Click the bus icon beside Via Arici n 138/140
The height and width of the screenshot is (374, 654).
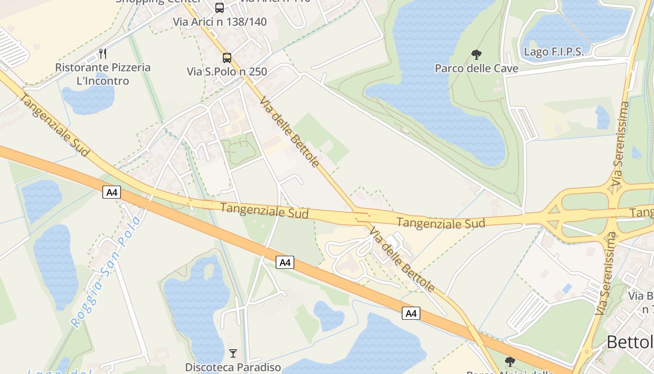click(219, 7)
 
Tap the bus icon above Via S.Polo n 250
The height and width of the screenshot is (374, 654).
click(227, 58)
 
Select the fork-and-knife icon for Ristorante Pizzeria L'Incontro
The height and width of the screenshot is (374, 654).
click(103, 54)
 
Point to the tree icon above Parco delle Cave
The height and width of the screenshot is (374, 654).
click(476, 55)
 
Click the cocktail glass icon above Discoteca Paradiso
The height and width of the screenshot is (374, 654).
click(233, 353)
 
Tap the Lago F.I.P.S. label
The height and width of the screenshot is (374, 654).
click(554, 52)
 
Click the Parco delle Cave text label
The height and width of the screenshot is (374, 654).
click(476, 69)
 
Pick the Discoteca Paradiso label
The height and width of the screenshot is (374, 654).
click(233, 367)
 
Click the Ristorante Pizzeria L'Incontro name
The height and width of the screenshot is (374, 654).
click(103, 74)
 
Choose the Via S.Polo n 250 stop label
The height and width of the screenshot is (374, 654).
click(227, 72)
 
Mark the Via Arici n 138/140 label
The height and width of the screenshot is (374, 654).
click(220, 22)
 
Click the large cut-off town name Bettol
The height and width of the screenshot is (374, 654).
click(629, 342)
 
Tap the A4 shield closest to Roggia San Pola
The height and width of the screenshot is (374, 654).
click(112, 192)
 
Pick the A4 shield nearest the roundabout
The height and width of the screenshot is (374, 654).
click(411, 313)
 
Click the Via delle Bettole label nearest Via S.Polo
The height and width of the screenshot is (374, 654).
click(290, 132)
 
